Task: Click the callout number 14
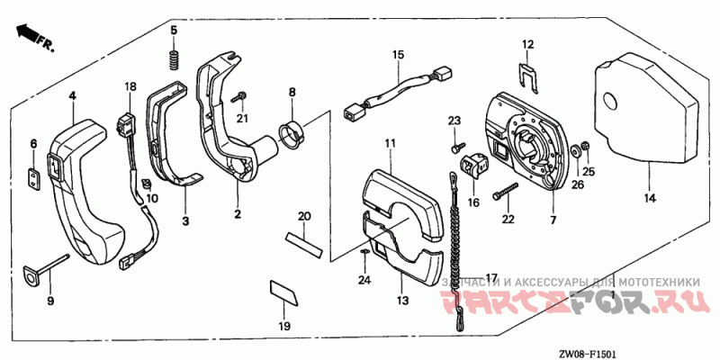[649, 197]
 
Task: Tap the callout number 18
[130, 86]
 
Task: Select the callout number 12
[528, 43]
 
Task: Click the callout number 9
[50, 300]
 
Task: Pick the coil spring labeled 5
[175, 58]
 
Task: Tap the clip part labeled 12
[529, 76]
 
